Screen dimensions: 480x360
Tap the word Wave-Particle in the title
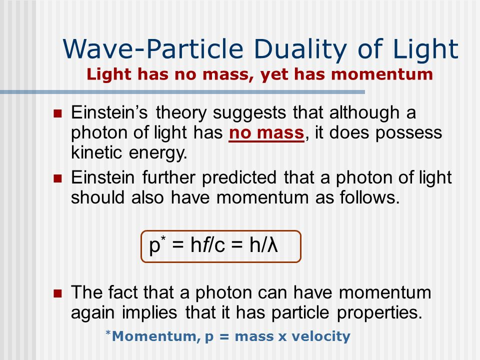[x=153, y=49]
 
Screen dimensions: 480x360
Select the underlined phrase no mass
[x=266, y=133]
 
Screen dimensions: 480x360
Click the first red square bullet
[x=57, y=113]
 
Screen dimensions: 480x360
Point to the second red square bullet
[x=57, y=178]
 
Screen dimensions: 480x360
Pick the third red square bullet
[x=57, y=293]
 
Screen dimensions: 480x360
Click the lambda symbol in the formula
[x=272, y=245]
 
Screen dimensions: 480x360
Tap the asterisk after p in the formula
[x=163, y=238]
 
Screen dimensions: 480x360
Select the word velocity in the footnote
[x=321, y=336]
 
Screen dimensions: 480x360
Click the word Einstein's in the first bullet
[x=109, y=112]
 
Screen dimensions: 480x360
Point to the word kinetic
[x=96, y=152]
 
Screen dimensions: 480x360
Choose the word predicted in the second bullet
[x=239, y=177]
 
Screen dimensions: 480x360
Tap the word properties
[x=379, y=313]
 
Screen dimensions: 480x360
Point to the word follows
[x=369, y=197]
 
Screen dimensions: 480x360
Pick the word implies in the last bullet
[x=149, y=313]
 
